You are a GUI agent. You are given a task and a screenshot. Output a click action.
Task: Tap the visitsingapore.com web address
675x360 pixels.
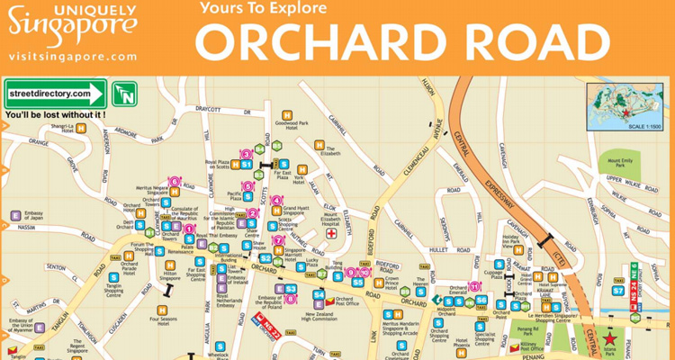(73, 56)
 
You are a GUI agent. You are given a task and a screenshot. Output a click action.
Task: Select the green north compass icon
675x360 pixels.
(125, 93)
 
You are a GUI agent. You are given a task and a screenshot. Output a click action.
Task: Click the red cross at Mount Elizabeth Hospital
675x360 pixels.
(331, 232)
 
